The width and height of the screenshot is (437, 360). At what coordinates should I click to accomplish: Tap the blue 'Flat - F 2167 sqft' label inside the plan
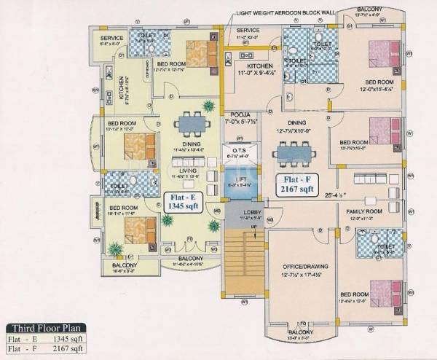(x=295, y=185)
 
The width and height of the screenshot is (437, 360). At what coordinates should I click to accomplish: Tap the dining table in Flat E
(x=189, y=122)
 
